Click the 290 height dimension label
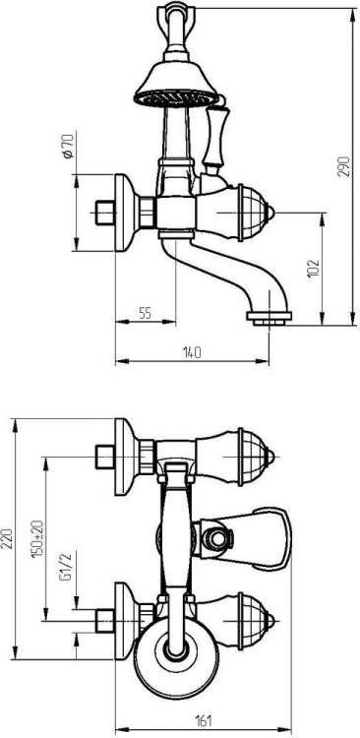pos(346,165)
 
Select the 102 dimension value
pos(314,269)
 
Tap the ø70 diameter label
pos(68,147)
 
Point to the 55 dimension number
pos(146,313)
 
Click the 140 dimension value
pos(192,352)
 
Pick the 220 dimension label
pos(7,538)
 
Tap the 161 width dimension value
pos(204,720)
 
